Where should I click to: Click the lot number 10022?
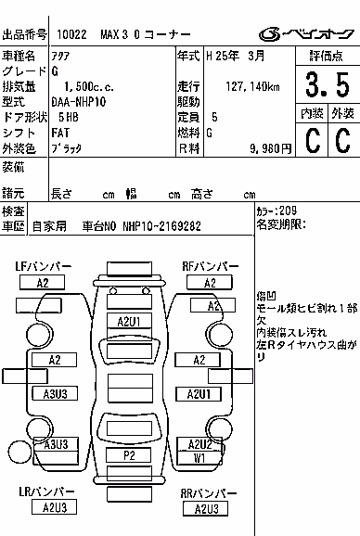pos(71,34)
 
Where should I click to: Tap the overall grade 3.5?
pos(328,84)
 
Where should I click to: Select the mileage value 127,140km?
pos(252,86)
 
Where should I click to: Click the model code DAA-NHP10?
pos(79,102)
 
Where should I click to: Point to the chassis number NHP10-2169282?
pos(161,226)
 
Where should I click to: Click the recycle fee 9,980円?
pos(270,148)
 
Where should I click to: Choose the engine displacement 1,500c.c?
pos(89,87)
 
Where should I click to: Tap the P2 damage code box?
pos(129,455)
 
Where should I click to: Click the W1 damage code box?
pos(199,458)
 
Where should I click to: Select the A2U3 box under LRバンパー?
pos(54,507)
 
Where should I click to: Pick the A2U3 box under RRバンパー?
pos(206,509)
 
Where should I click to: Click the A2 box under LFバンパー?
pos(42,283)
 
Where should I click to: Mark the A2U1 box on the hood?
pos(129,322)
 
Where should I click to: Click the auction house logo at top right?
pos(306,33)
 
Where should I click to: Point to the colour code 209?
pos(288,211)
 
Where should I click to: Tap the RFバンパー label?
pos(211,267)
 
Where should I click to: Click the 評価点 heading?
pos(327,56)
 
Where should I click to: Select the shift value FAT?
pos(60,133)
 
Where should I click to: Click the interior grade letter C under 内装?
pos(313,141)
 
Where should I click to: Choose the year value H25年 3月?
pos(236,56)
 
